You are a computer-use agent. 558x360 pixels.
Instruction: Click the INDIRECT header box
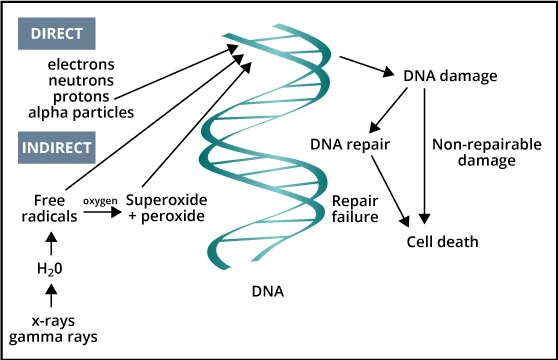tap(57, 147)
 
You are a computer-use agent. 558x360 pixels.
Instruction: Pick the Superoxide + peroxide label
tap(166, 207)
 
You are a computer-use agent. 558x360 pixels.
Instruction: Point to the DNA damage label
tap(449, 76)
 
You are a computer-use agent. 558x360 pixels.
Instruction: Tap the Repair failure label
tap(354, 207)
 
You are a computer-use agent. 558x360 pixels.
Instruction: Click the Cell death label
tap(442, 241)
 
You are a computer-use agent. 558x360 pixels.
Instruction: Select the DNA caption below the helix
tap(267, 292)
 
